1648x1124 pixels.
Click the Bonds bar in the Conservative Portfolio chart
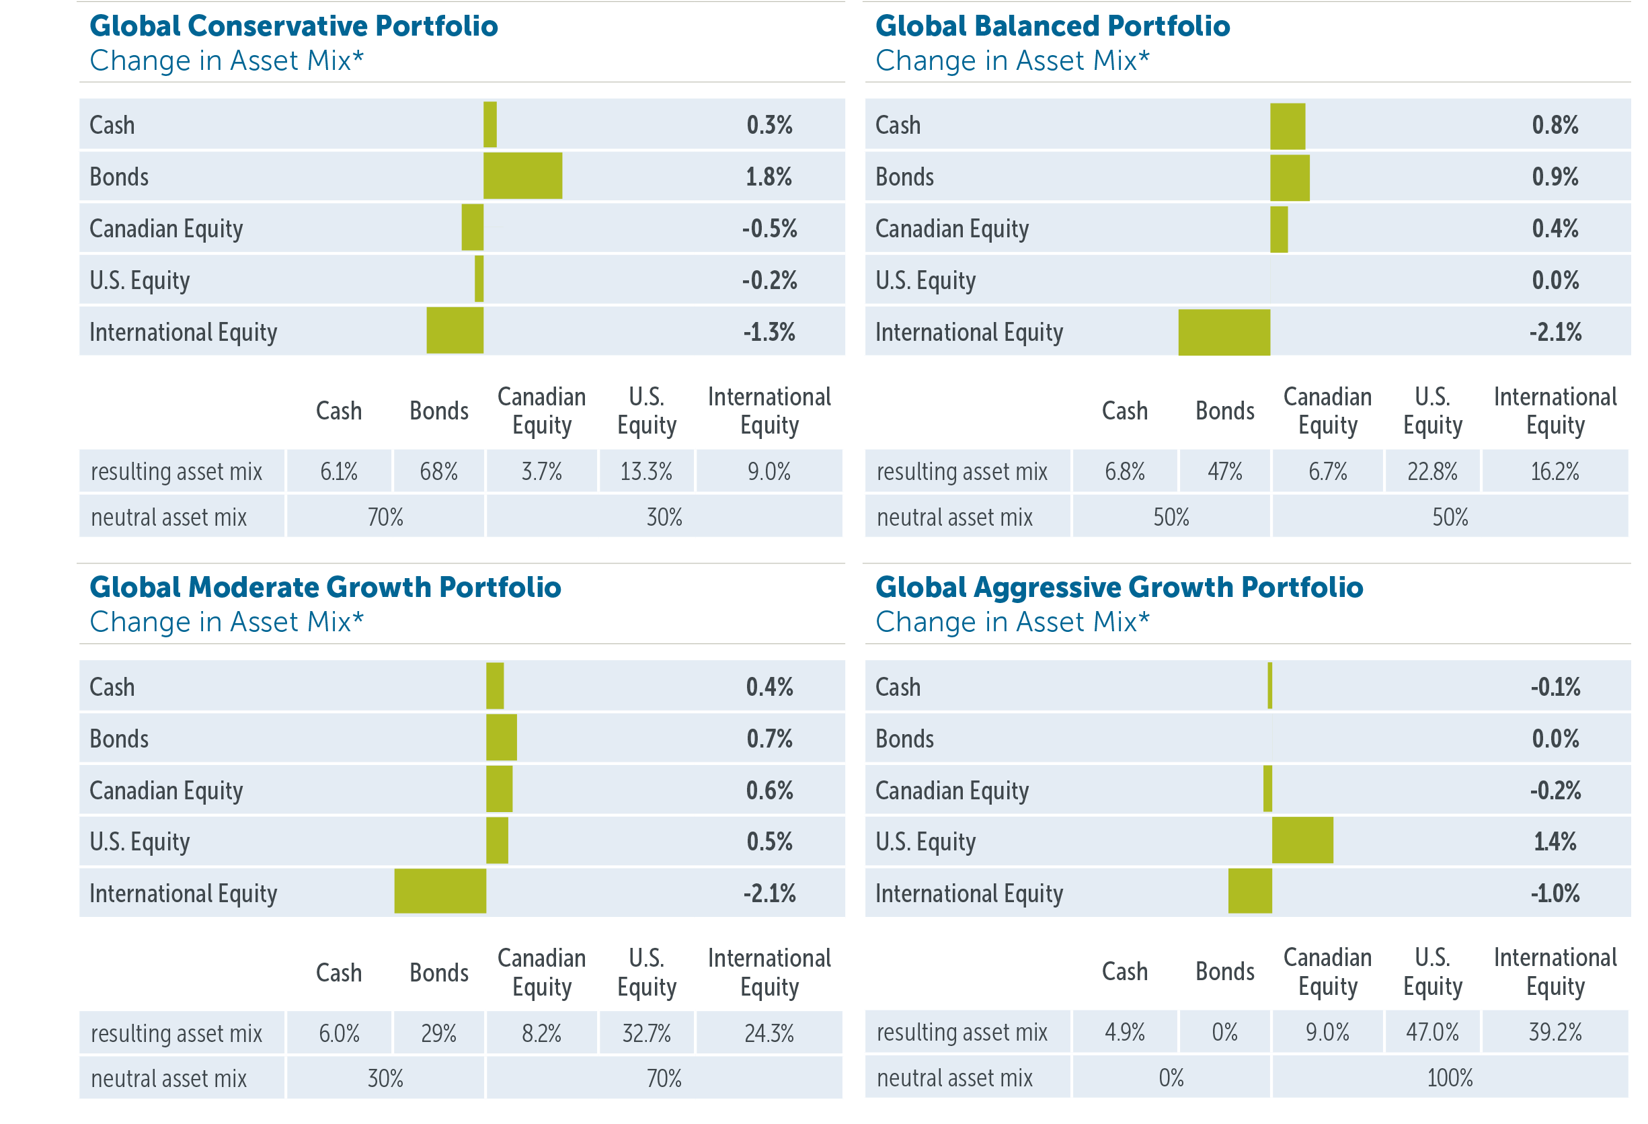coord(522,176)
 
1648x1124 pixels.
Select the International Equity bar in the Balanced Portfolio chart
coord(1224,332)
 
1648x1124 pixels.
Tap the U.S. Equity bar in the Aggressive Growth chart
coord(1302,840)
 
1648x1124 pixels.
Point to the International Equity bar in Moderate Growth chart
coord(440,891)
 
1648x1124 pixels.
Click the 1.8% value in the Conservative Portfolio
coord(769,177)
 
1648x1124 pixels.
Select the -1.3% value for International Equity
coord(769,332)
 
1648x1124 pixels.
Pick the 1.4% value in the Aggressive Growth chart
coord(1555,842)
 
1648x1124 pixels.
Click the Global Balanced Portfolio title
coord(1052,26)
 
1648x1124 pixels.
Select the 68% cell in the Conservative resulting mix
coord(438,472)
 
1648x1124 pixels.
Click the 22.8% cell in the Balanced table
coord(1431,472)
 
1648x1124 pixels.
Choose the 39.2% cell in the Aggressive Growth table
coord(1555,1033)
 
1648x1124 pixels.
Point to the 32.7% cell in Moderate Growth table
coord(646,1033)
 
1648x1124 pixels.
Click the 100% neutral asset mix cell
coord(1450,1078)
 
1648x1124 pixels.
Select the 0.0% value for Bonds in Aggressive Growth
coord(1555,739)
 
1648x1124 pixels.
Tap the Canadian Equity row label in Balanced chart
coord(951,229)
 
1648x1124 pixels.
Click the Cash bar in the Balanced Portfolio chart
coord(1287,126)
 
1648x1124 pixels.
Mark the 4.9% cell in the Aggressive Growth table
coord(1125,1033)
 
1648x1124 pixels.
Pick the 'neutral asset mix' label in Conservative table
coord(169,518)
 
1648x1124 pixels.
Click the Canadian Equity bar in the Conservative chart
coord(472,228)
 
